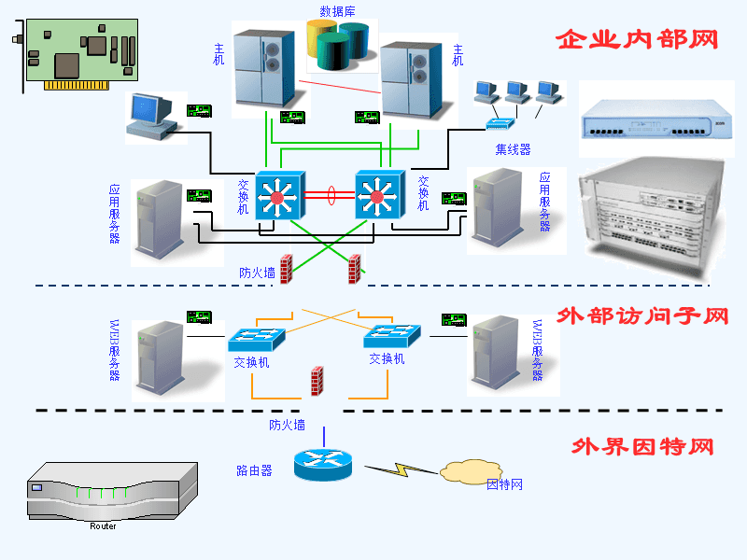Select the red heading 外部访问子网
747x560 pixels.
tap(641, 316)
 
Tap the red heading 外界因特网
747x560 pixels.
tap(642, 446)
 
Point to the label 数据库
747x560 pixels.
tap(336, 11)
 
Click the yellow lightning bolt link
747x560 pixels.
tap(399, 469)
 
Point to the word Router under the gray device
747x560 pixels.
tap(103, 526)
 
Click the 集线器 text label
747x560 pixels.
tap(513, 149)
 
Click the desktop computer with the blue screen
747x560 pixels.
tap(150, 116)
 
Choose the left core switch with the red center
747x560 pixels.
tap(276, 196)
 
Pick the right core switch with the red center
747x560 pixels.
tap(378, 196)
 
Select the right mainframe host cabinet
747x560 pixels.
tap(411, 82)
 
